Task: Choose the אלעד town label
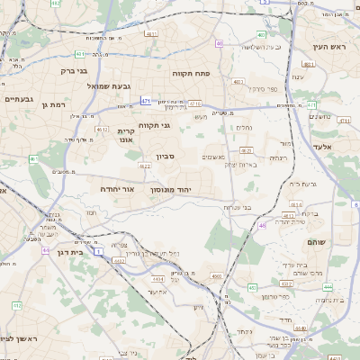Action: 320,147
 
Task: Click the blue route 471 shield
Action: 146,102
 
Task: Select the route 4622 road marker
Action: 145,166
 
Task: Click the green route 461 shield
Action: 33,159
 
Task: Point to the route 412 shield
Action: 15,306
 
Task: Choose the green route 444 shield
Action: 328,287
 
